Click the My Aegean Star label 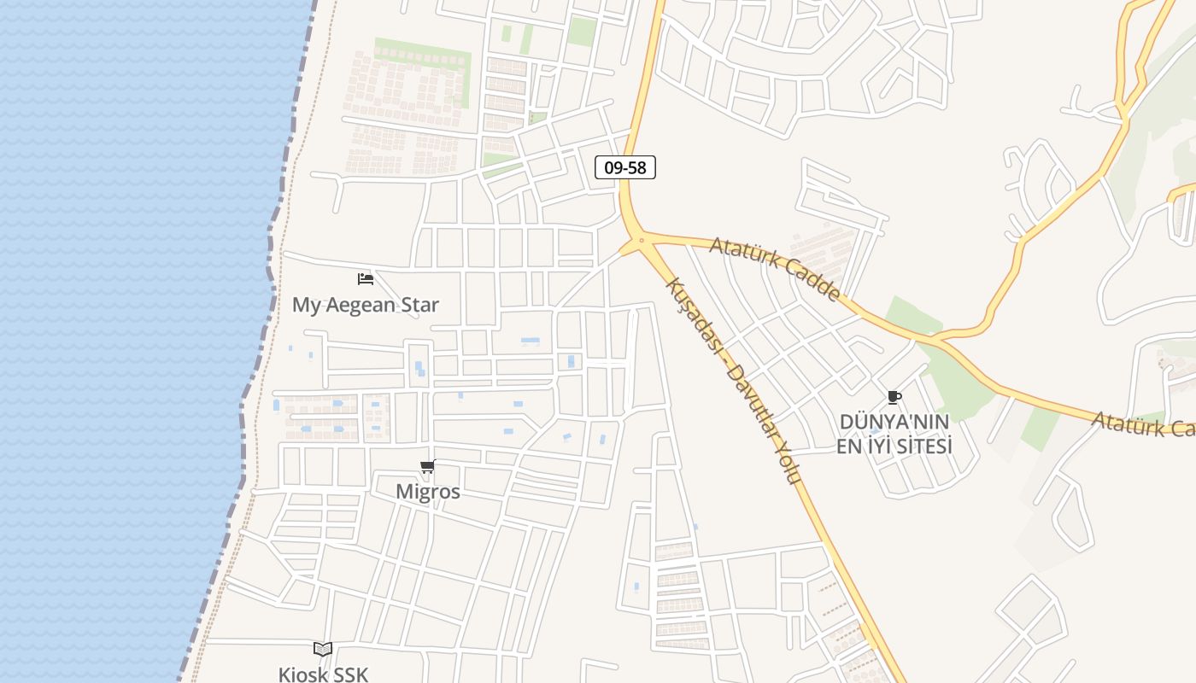[366, 305]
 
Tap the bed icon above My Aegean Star [366, 278]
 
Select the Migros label [428, 492]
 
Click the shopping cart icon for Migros [428, 466]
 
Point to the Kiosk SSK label [323, 674]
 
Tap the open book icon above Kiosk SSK [323, 650]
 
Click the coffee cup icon [894, 397]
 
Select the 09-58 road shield [625, 167]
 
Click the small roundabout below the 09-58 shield [641, 241]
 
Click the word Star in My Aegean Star [420, 305]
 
